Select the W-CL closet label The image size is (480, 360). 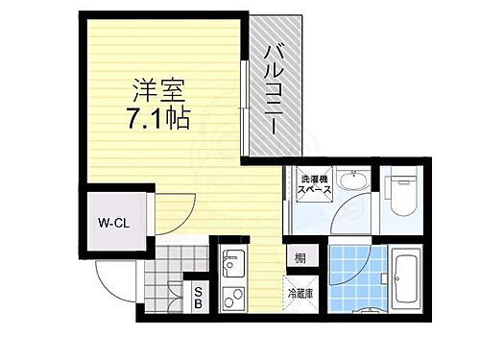(112, 224)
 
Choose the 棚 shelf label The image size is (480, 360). (300, 257)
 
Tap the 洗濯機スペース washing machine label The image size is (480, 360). (315, 186)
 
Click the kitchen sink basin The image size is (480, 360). (233, 262)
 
